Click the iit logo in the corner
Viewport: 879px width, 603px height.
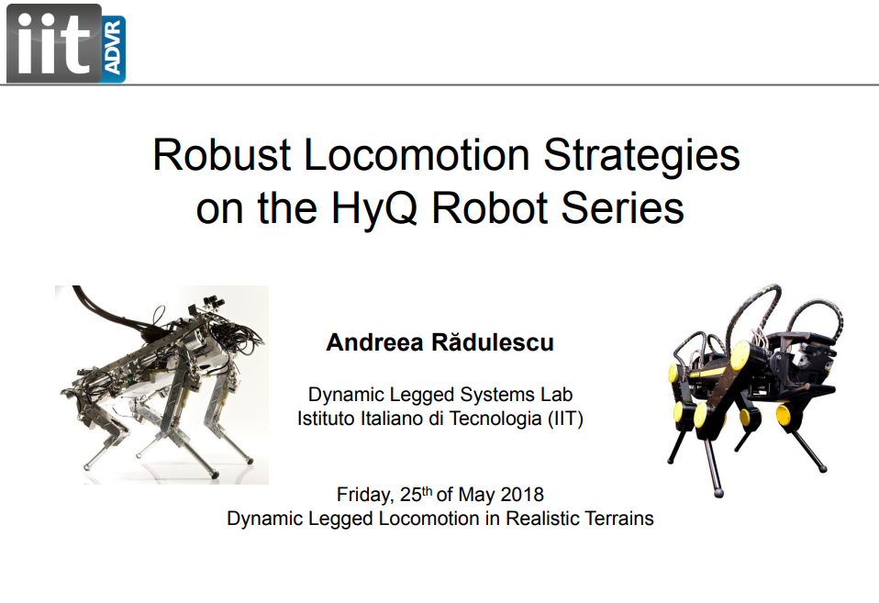pyautogui.click(x=65, y=44)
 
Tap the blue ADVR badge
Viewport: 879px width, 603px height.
pyautogui.click(x=114, y=50)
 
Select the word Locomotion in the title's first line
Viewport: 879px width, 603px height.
pyautogui.click(x=417, y=155)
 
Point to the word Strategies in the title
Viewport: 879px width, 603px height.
pyautogui.click(x=642, y=157)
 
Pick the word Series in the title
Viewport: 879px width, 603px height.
pyautogui.click(x=622, y=208)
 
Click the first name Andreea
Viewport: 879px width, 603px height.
pyautogui.click(x=374, y=342)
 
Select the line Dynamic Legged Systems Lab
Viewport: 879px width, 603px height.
pyautogui.click(x=440, y=395)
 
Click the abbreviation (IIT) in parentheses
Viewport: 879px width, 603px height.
pyautogui.click(x=565, y=419)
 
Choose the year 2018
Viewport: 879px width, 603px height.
pyautogui.click(x=522, y=494)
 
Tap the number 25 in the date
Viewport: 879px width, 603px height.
pyautogui.click(x=410, y=495)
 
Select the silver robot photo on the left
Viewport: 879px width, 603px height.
pyautogui.click(x=162, y=385)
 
